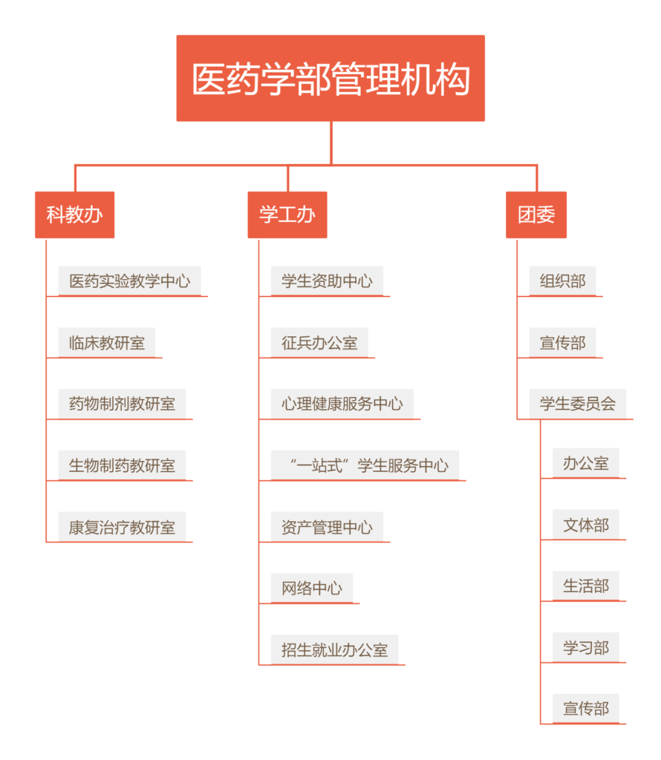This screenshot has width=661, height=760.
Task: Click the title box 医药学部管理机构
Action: tap(330, 78)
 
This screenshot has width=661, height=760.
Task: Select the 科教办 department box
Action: tap(75, 214)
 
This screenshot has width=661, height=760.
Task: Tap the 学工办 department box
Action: tap(287, 214)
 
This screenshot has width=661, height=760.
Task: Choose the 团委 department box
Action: tap(536, 214)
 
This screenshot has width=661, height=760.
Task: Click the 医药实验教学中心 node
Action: tap(129, 281)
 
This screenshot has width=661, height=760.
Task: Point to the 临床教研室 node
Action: tap(107, 342)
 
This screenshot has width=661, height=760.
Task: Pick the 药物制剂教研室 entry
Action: tap(122, 404)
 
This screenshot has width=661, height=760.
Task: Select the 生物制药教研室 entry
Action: tap(122, 465)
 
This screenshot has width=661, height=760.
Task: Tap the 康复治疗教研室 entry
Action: tap(122, 527)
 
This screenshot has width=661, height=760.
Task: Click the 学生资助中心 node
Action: tap(327, 281)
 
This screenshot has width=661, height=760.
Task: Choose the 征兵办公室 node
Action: tap(319, 342)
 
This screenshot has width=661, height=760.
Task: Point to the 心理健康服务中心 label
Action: tap(342, 404)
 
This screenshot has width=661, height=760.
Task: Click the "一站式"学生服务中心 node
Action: tap(365, 465)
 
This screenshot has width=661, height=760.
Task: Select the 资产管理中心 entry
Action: tap(327, 527)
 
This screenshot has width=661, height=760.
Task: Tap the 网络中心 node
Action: tap(312, 588)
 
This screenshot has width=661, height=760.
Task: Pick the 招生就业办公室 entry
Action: tap(335, 649)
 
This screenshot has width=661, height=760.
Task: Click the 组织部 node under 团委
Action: tap(562, 281)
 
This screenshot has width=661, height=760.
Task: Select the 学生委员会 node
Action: tap(578, 404)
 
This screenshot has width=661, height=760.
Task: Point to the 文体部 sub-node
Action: tap(586, 525)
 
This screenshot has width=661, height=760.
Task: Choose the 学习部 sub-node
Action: tap(586, 647)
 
